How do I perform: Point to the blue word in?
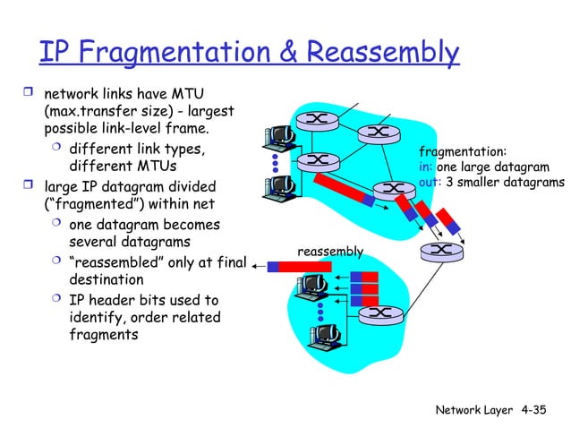click(x=426, y=167)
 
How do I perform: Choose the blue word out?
click(x=430, y=182)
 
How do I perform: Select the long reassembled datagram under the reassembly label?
click(x=303, y=266)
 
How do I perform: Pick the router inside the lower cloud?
click(x=377, y=313)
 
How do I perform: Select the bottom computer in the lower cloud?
click(x=320, y=335)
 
